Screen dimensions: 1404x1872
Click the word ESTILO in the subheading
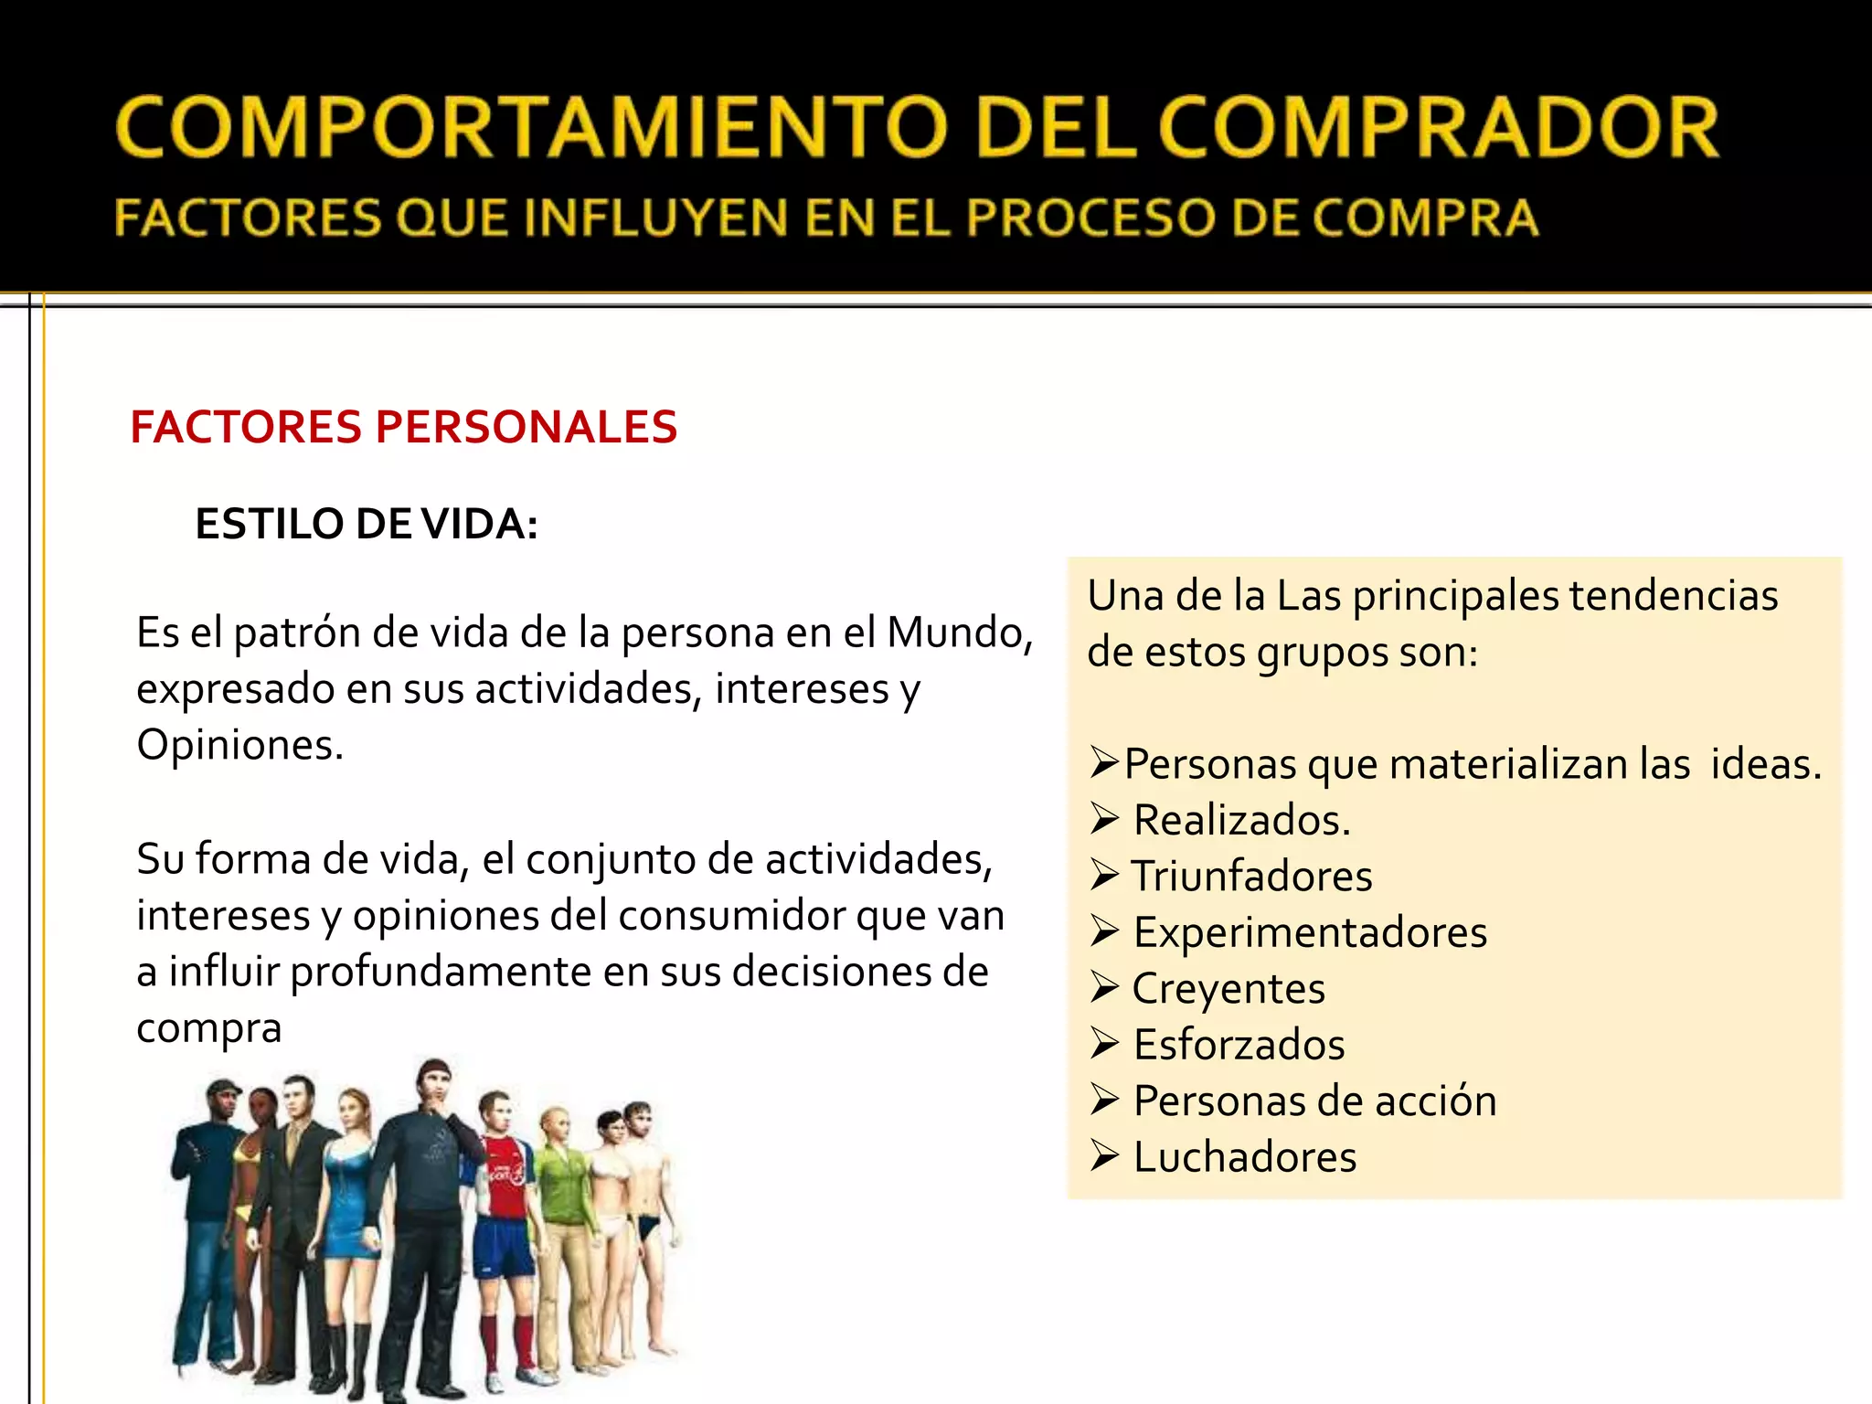(x=268, y=524)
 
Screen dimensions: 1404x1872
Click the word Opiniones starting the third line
(x=239, y=745)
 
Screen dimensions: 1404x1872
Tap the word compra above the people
(x=208, y=1028)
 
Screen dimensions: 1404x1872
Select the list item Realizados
(x=1241, y=820)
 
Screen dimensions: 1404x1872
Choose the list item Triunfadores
(x=1251, y=876)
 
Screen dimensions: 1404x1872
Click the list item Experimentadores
(x=1310, y=932)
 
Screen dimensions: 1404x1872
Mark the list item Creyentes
(x=1228, y=989)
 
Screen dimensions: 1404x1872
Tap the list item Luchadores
(x=1245, y=1157)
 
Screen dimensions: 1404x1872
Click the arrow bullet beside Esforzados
(x=1104, y=1044)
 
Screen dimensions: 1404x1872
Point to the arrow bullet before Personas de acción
(x=1104, y=1101)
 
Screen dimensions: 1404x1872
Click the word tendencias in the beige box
(x=1673, y=596)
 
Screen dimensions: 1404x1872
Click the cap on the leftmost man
(x=222, y=1088)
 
